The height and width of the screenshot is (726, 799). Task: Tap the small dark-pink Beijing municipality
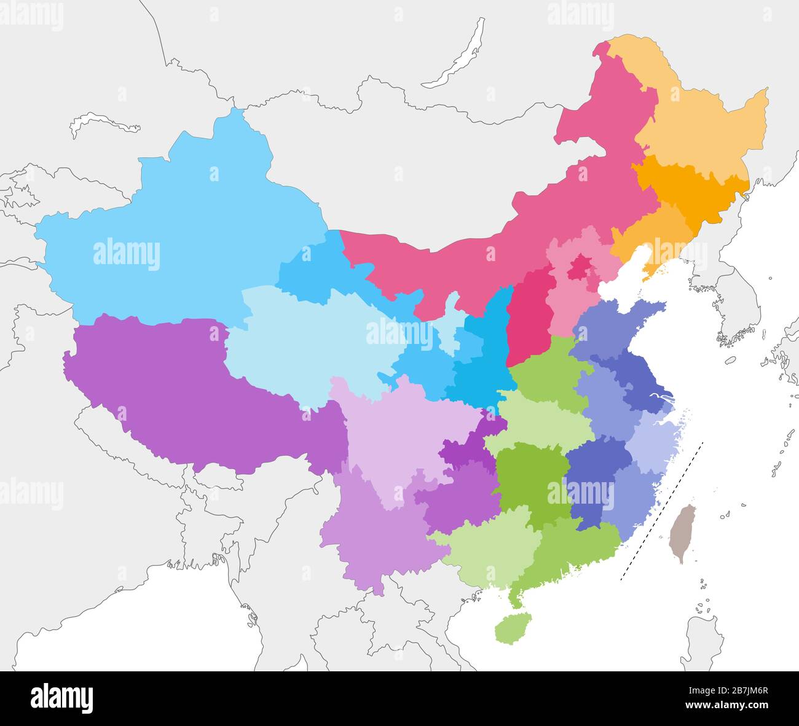(578, 268)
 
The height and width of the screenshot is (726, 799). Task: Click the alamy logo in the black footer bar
(61, 698)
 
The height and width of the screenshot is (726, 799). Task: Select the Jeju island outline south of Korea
(730, 361)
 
